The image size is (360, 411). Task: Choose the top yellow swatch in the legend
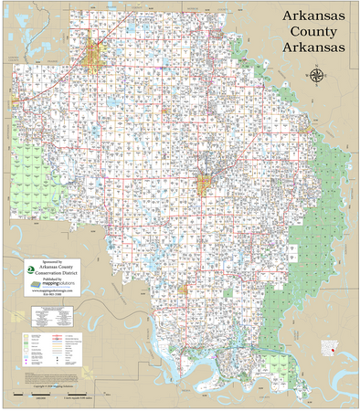[x=25, y=336]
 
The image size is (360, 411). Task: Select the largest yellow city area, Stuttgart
[x=97, y=58]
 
